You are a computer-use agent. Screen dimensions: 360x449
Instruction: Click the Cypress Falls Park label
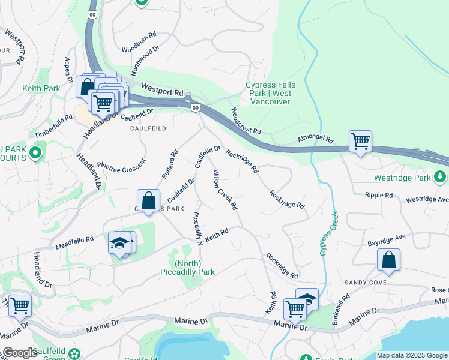coord(268,93)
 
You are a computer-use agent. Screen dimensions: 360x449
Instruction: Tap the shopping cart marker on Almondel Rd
coord(360,142)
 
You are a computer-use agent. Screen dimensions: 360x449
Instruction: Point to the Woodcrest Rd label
coord(246,121)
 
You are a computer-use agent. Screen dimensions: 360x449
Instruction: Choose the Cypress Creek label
coord(330,233)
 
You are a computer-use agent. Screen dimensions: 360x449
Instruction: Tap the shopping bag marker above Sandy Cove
coord(388,260)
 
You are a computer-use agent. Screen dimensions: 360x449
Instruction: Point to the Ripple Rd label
coord(379,195)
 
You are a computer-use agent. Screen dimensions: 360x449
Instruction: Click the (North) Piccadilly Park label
coord(194,268)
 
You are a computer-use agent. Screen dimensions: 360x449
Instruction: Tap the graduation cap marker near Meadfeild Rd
coord(121,243)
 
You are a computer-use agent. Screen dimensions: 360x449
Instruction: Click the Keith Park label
coord(41,88)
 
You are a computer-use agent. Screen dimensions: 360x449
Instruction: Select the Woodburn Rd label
coord(140,50)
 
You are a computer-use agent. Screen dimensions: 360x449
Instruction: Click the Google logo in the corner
coord(19,353)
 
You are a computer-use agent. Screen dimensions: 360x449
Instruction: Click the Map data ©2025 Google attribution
coord(412,355)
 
